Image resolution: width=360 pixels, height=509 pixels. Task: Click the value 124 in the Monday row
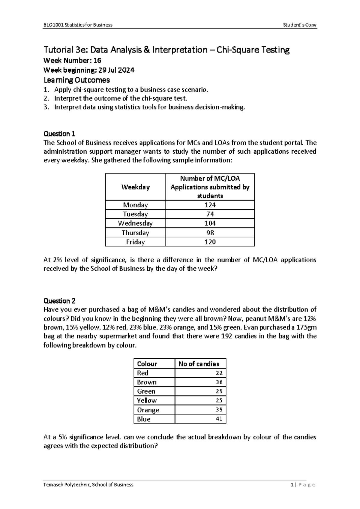point(210,205)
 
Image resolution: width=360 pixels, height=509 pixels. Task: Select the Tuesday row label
point(135,214)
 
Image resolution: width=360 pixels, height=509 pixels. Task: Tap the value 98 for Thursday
point(210,233)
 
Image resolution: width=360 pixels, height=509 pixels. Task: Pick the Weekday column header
point(135,187)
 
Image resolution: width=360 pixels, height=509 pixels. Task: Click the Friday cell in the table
point(135,242)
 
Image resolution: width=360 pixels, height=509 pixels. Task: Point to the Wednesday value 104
point(210,223)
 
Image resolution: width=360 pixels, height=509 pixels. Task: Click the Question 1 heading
point(59,134)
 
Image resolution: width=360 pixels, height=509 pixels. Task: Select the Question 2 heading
point(59,301)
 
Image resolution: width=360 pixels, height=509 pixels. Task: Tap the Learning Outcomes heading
point(76,80)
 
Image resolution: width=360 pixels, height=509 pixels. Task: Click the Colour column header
point(147,364)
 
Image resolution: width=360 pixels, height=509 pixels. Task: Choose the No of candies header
point(199,364)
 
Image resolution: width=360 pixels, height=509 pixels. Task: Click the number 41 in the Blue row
point(219,419)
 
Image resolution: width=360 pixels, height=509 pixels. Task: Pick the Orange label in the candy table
point(148,410)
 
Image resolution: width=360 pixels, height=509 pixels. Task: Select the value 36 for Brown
point(219,382)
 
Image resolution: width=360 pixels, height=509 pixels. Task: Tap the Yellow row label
point(147,400)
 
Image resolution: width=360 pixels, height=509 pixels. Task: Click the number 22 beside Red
point(219,373)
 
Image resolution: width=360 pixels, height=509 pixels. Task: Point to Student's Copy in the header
point(300,25)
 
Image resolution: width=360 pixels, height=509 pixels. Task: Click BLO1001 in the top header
point(51,25)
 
